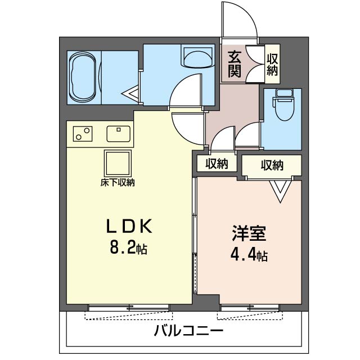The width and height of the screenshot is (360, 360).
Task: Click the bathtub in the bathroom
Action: coord(82,78)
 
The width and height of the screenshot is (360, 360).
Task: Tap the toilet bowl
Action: coord(284,110)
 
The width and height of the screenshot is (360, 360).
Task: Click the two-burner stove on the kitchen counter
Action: coord(83,134)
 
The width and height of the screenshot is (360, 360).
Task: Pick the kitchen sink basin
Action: coord(119,134)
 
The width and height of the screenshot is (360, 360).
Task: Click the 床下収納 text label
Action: coord(118,183)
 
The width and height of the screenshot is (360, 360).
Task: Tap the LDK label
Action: coord(129,226)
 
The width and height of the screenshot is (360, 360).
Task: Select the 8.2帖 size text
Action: coord(129,247)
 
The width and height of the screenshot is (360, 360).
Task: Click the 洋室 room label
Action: coord(249,233)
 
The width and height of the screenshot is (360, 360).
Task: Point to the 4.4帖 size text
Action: coord(249,254)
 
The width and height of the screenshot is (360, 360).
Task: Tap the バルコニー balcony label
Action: coord(188,331)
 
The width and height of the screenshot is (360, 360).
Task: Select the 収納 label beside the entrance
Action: coord(272,65)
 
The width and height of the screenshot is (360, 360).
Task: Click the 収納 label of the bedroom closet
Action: coord(272,165)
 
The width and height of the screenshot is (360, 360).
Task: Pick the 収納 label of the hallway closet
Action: coord(217,164)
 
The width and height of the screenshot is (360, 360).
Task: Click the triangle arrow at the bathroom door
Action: coord(130,94)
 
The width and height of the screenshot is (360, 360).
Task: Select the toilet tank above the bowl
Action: coord(284,93)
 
